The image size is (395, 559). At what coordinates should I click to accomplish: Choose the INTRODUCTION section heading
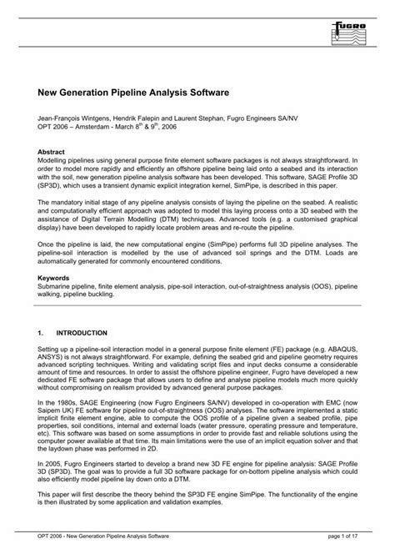(x=83, y=331)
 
